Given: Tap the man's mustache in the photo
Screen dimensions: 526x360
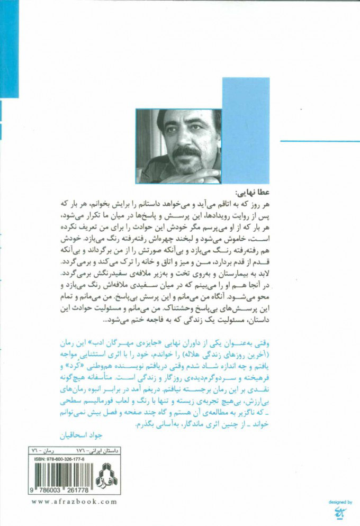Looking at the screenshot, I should click(x=187, y=152).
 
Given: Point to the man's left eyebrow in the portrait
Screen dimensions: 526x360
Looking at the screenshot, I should click(x=196, y=128).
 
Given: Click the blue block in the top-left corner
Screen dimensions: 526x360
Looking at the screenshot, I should click(x=9, y=48).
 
